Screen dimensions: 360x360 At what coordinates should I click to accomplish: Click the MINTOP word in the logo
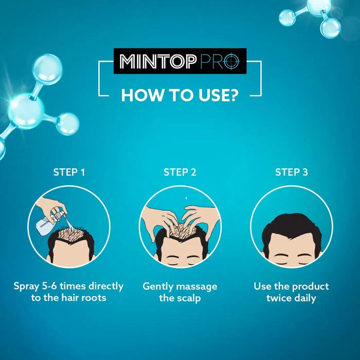coord(158,62)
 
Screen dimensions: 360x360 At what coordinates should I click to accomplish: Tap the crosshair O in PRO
coord(231,62)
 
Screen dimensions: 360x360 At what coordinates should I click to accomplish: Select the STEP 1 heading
coord(69,172)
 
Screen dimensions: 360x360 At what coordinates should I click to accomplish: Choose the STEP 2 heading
coord(180,172)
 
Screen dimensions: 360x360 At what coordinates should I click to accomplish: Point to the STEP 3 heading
coord(292,172)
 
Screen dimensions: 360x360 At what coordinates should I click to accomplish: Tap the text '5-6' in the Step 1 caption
coord(49,286)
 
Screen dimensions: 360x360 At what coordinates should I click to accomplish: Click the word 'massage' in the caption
coord(197,287)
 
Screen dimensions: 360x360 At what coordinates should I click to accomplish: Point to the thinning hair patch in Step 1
coord(70,233)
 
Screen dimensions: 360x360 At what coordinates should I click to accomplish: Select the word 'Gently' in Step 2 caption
coord(158,287)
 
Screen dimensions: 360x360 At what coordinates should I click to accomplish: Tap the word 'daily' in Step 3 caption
coord(305,298)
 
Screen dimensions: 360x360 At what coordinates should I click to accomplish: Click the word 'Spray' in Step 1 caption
coord(26,287)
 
